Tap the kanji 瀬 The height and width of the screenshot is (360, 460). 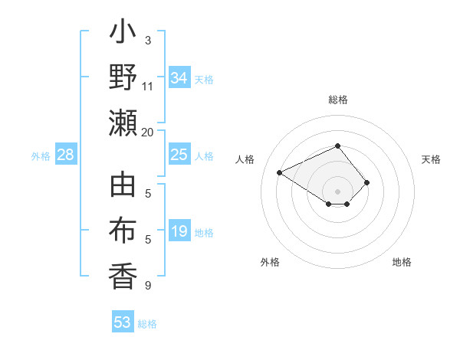point(123,123)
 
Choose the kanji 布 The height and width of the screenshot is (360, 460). point(123,231)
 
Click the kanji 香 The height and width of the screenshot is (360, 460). point(123,277)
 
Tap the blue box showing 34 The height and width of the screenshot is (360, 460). point(179,78)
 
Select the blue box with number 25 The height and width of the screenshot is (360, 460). point(179,155)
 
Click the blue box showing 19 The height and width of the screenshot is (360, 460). point(179,231)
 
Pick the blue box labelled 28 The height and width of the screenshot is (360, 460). point(66,155)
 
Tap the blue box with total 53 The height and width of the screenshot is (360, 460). point(123,322)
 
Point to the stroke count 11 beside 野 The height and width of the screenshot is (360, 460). point(148,86)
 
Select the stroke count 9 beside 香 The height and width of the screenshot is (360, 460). point(148,286)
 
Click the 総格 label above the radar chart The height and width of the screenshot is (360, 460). point(337,100)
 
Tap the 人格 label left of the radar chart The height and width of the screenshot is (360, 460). point(246,159)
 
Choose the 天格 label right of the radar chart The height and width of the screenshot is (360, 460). point(431,159)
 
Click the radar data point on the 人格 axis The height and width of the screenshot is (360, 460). point(280,172)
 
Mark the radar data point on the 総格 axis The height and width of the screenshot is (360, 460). point(337,146)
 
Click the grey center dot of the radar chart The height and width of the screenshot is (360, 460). point(337,191)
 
